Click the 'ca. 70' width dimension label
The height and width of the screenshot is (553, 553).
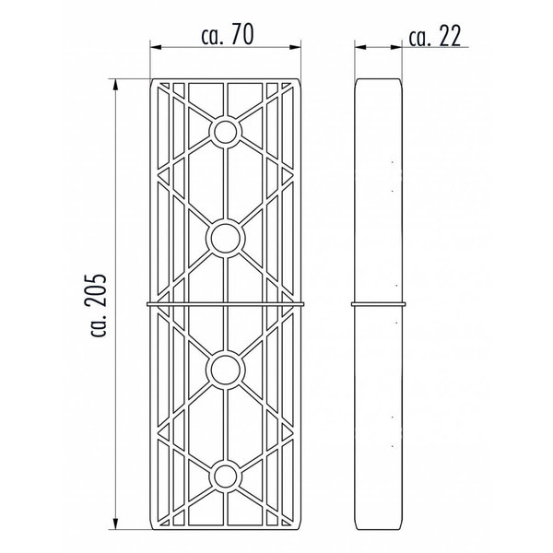tap(228, 35)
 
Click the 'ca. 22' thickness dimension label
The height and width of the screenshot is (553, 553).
tap(434, 37)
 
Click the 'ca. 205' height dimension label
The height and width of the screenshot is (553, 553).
tap(95, 305)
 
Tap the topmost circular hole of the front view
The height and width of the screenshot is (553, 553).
tap(226, 132)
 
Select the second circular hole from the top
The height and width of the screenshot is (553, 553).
tap(226, 238)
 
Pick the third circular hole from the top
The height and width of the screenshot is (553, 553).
tap(226, 370)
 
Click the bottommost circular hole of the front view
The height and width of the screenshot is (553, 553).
tap(226, 477)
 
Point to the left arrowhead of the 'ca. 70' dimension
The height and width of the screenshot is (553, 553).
tap(156, 47)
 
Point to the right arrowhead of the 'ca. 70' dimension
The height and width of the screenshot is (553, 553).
tap(295, 47)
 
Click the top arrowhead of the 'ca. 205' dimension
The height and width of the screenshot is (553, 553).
tap(115, 85)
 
